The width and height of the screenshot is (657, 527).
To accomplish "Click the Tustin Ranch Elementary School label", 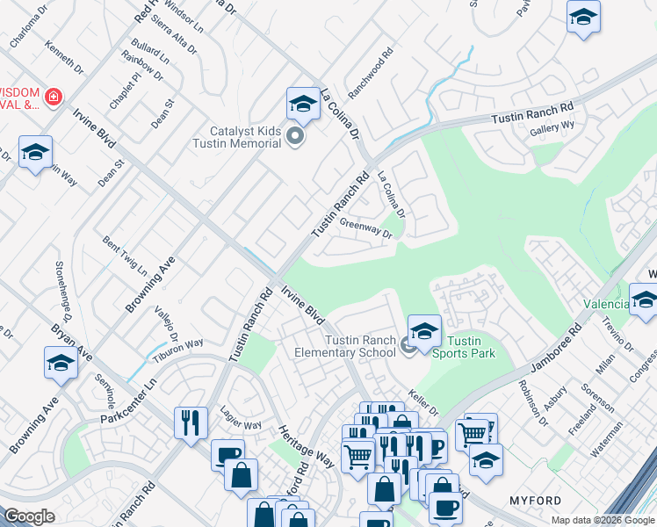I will click(x=360, y=346).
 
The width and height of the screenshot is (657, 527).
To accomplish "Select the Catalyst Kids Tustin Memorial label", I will click(x=238, y=138).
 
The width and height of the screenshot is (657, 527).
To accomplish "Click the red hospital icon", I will click(x=54, y=96).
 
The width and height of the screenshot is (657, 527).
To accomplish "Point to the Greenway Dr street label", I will click(x=365, y=228).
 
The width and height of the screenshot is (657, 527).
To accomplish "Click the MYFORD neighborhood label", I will click(x=535, y=501).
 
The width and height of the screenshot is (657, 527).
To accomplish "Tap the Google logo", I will click(x=29, y=516).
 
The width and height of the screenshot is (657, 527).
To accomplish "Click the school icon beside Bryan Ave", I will click(x=61, y=362).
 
